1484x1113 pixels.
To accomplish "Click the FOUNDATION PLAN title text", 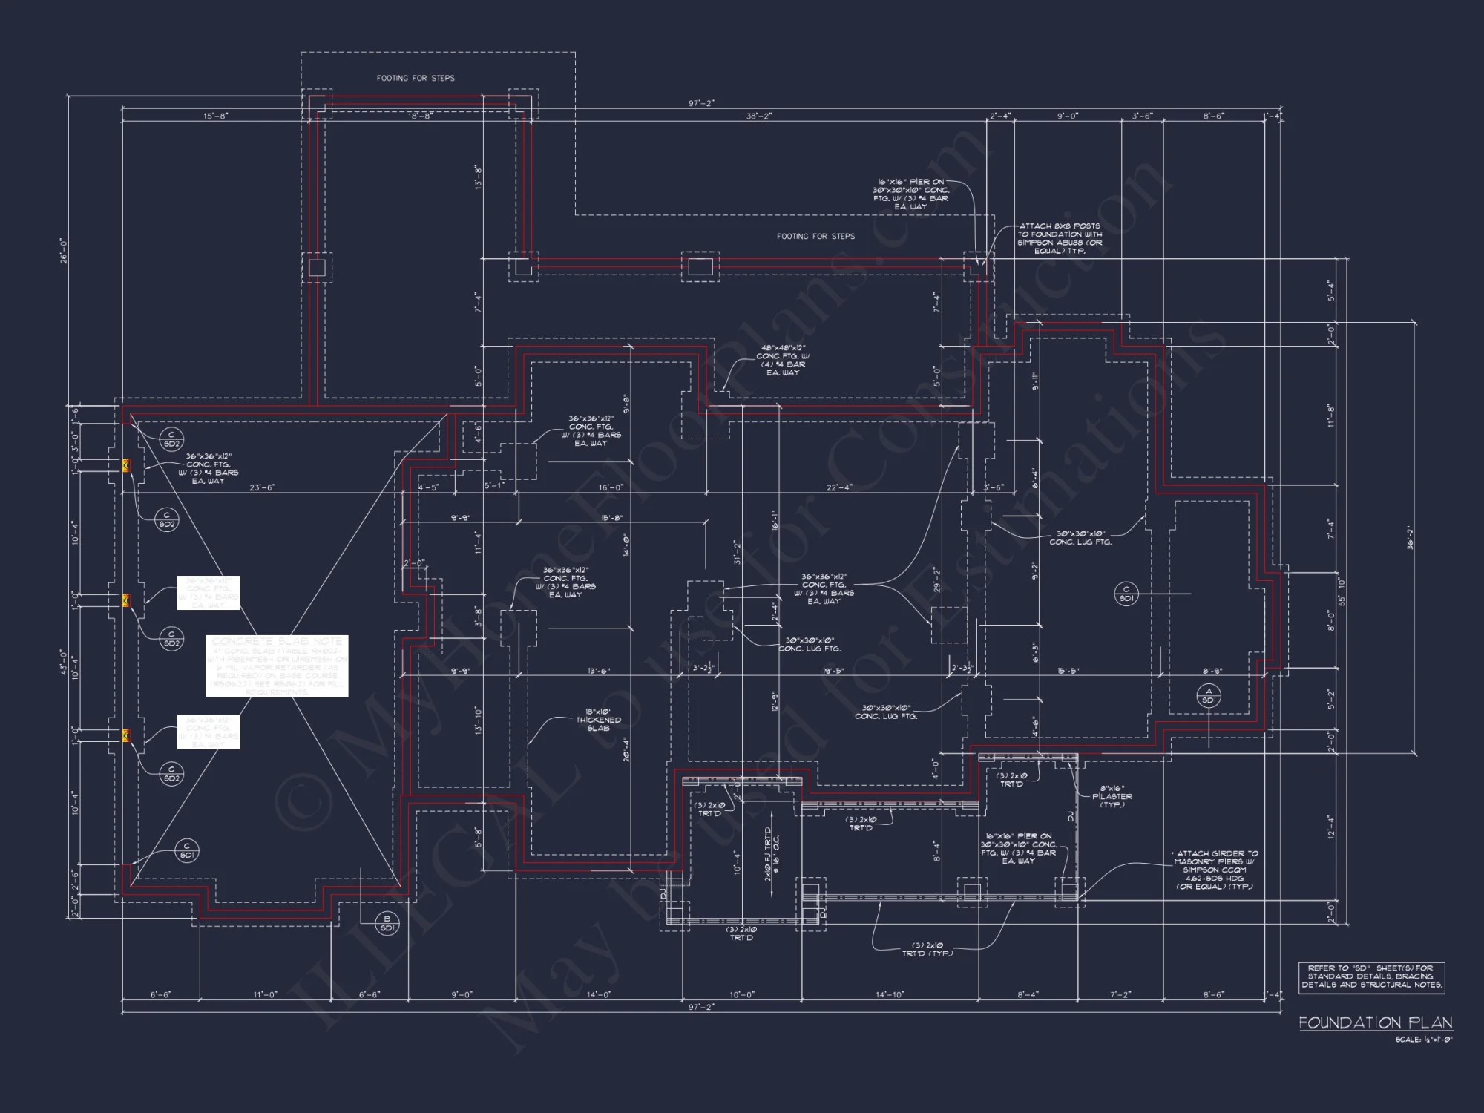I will click(x=1375, y=1022).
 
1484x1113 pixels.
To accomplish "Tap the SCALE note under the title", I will click(x=1423, y=1040).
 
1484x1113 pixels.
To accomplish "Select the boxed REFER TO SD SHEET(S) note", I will click(x=1371, y=976).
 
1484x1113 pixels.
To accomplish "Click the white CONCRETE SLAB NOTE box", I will click(x=277, y=666).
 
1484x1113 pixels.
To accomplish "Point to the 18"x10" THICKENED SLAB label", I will click(x=598, y=720).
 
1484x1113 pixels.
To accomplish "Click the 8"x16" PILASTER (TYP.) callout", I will click(x=1112, y=796).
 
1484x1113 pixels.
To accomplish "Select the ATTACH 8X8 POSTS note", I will click(x=1059, y=238).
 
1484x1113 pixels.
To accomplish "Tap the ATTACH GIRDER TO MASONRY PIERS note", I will click(x=1215, y=870).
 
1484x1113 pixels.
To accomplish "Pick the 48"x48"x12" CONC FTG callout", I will click(x=783, y=360).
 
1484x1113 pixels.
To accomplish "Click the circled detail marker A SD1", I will click(x=1209, y=696).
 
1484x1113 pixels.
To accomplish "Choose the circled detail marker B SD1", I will click(x=387, y=924).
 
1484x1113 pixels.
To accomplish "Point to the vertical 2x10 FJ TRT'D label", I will click(x=771, y=854).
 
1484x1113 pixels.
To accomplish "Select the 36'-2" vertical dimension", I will click(x=1410, y=537).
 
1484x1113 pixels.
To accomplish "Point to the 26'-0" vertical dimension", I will click(x=64, y=250).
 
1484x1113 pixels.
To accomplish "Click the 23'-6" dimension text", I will click(x=261, y=487).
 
